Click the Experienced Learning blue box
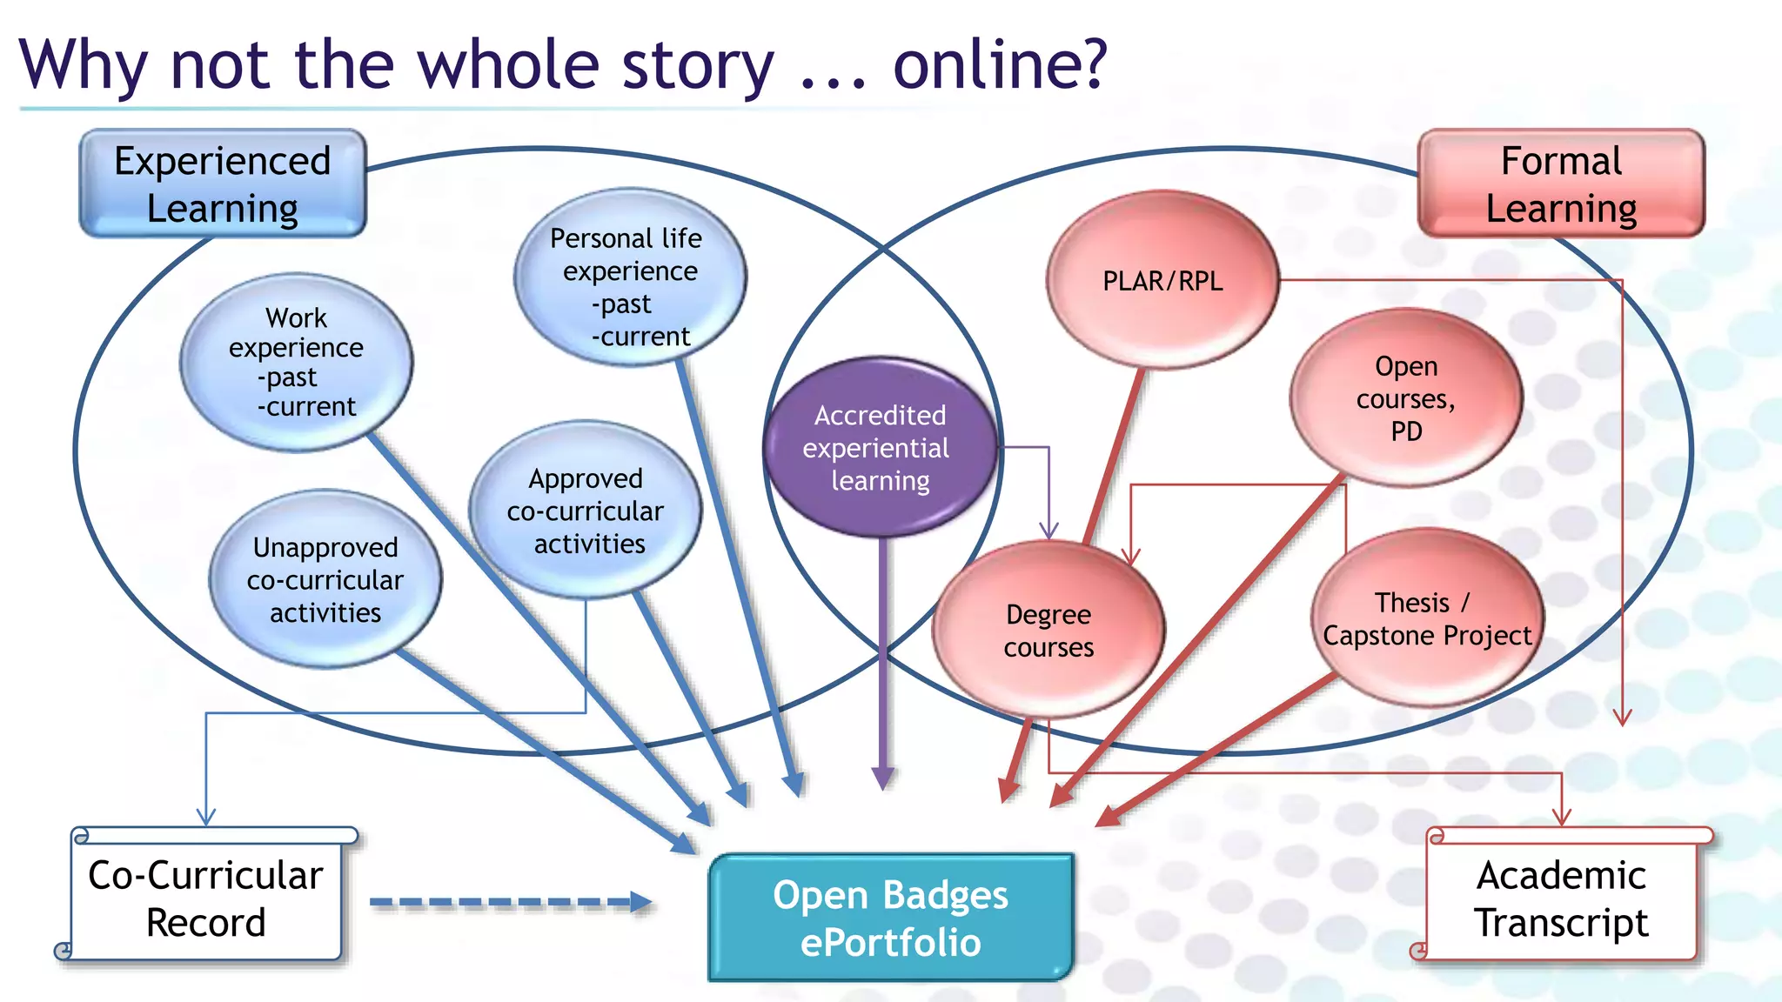click(x=223, y=184)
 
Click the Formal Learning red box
click(x=1561, y=184)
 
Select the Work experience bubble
click(x=296, y=362)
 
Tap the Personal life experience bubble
click(x=629, y=278)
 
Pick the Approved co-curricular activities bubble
click(x=586, y=511)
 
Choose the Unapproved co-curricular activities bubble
click(x=325, y=579)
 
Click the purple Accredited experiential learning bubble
click(x=879, y=447)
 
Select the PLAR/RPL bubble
click(x=1162, y=281)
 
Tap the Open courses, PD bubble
click(x=1405, y=398)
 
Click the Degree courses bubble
click(x=1048, y=630)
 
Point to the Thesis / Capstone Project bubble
click(x=1427, y=618)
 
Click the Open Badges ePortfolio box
click(x=890, y=918)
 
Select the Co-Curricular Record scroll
click(x=206, y=898)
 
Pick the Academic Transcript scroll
click(x=1561, y=898)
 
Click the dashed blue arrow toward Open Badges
click(x=512, y=903)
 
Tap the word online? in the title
click(x=1001, y=64)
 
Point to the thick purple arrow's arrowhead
click(x=883, y=778)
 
